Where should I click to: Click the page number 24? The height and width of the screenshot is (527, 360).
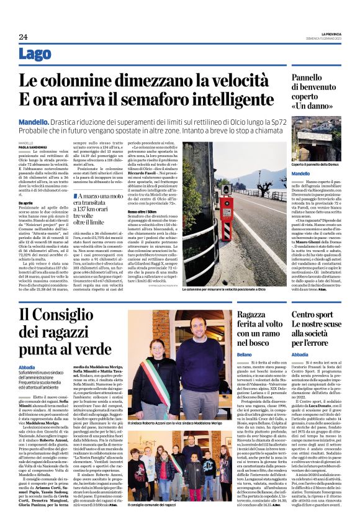click(x=23, y=37)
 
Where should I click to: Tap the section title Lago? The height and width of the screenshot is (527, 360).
click(x=35, y=55)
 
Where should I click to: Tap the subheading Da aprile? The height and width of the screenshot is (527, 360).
click(x=25, y=203)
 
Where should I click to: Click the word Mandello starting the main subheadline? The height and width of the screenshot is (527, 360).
click(x=36, y=122)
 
